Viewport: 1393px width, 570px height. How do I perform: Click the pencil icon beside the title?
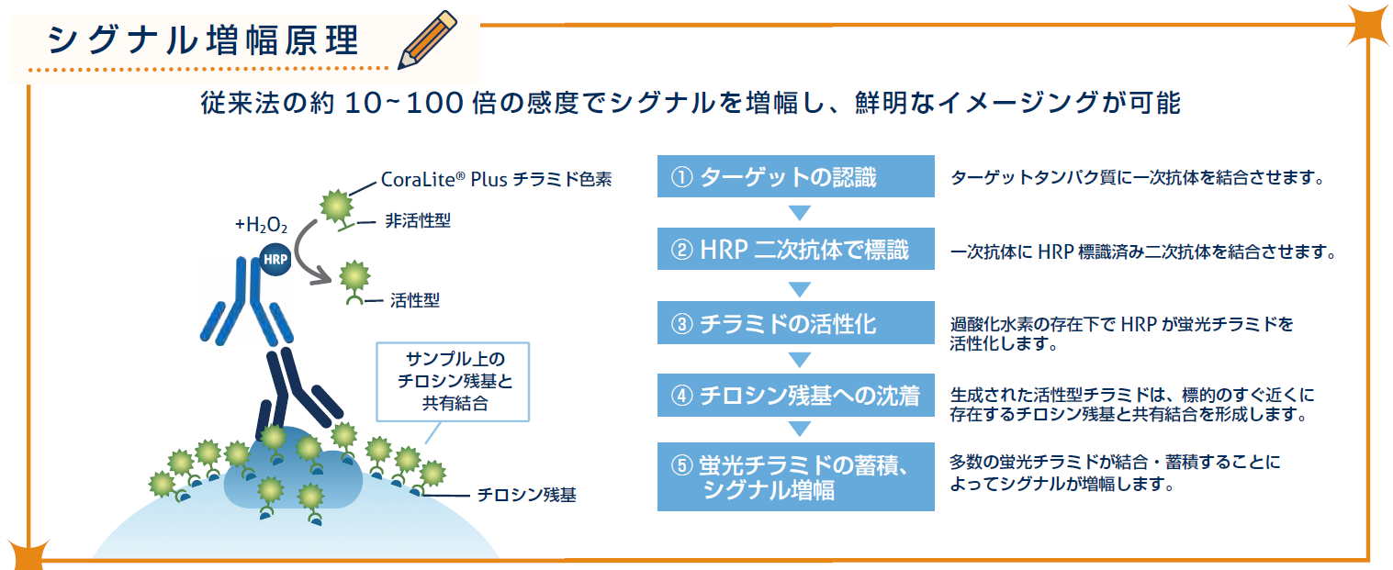(x=427, y=39)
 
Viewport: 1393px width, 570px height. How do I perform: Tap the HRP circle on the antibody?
(x=275, y=259)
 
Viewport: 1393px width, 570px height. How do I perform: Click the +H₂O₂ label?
(x=261, y=224)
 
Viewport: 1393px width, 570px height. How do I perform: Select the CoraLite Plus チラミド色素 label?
(x=496, y=180)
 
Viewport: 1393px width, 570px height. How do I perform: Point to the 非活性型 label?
(x=417, y=220)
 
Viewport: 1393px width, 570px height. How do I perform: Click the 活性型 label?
(x=415, y=301)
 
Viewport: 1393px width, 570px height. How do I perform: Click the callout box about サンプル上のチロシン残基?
(x=453, y=382)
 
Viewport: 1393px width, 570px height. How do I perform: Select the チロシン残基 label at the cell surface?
(x=526, y=495)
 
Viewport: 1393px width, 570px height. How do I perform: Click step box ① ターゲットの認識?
(x=795, y=176)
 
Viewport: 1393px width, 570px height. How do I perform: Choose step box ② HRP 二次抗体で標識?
(x=795, y=250)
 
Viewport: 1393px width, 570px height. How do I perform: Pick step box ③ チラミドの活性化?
(x=795, y=322)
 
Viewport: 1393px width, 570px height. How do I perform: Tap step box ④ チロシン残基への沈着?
(x=795, y=396)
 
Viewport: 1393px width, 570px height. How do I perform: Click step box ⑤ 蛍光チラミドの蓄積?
(x=795, y=476)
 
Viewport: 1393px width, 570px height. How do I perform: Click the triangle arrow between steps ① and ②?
(x=799, y=213)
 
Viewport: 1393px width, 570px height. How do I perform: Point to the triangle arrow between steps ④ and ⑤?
(x=799, y=429)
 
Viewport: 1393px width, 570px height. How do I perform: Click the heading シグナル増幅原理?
(x=203, y=41)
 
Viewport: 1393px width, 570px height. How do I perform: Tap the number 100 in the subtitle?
(x=434, y=103)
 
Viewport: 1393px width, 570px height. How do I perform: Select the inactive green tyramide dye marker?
(x=337, y=208)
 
